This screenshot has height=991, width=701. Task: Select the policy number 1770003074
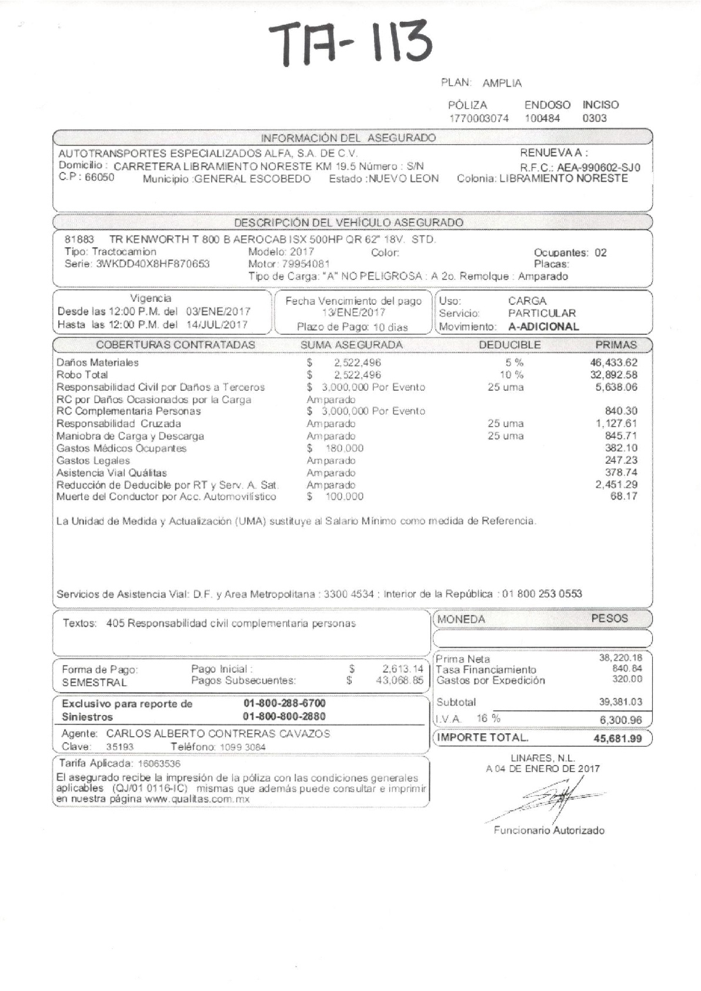tap(479, 118)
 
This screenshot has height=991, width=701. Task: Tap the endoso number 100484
tap(542, 118)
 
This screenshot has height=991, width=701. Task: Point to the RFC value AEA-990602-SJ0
tap(599, 168)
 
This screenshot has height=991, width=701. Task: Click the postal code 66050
tap(99, 177)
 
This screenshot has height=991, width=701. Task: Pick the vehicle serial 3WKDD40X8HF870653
tap(152, 264)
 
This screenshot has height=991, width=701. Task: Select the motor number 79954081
tap(306, 264)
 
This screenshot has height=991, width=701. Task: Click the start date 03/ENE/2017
tap(218, 311)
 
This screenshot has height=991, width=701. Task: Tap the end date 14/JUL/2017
tap(216, 324)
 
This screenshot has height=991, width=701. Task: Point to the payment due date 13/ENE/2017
tap(353, 312)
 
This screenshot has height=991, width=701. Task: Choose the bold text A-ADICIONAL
tap(543, 327)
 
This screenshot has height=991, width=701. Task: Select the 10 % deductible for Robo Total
tap(511, 375)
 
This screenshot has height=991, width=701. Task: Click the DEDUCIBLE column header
tap(509, 345)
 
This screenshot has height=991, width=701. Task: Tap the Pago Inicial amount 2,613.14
tap(403, 669)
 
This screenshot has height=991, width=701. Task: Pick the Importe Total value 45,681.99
tap(617, 739)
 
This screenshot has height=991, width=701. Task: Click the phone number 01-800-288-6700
tap(284, 703)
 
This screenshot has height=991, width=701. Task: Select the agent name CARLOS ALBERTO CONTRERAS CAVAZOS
tap(218, 734)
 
